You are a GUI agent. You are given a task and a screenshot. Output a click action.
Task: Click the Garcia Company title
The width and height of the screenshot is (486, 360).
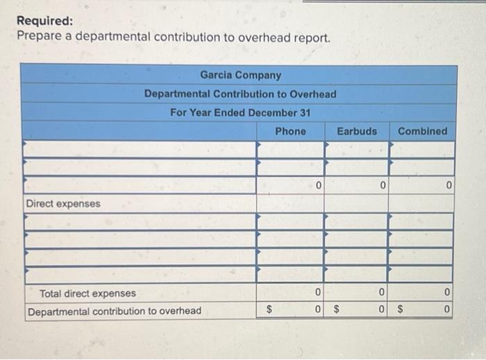tap(241, 75)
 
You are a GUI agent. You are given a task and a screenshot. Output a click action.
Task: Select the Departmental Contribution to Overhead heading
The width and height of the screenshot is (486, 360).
tap(240, 94)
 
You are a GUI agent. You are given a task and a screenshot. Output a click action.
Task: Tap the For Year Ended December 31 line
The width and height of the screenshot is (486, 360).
tap(240, 112)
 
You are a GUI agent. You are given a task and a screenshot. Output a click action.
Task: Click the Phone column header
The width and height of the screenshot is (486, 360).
tap(290, 131)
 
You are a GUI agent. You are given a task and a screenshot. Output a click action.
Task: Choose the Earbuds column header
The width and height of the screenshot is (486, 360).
tap(357, 131)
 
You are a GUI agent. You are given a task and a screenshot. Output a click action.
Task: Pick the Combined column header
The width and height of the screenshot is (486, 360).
tap(422, 131)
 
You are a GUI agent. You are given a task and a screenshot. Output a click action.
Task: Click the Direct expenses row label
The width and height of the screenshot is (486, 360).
tap(63, 204)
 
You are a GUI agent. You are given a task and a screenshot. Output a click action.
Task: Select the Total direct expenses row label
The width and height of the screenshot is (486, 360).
tap(87, 293)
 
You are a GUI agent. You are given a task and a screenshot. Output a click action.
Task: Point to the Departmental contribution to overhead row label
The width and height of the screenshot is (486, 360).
tap(115, 311)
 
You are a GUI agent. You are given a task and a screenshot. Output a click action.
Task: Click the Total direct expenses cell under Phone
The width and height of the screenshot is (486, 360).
tap(290, 293)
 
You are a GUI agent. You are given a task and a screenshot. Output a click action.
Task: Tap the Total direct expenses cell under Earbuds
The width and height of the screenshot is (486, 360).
tap(356, 293)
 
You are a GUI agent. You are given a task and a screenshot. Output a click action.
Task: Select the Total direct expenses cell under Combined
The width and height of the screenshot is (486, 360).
tap(421, 293)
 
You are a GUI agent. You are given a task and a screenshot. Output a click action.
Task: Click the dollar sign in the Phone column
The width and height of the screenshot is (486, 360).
tap(271, 311)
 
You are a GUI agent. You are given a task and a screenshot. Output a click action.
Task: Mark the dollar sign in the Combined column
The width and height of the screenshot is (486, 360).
tap(399, 311)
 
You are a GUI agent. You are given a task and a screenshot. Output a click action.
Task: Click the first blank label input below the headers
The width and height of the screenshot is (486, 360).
tap(139, 149)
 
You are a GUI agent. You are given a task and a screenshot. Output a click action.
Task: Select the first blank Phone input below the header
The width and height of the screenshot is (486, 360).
tap(290, 149)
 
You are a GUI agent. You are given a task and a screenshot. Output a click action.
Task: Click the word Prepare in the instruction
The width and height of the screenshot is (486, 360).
tap(39, 37)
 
